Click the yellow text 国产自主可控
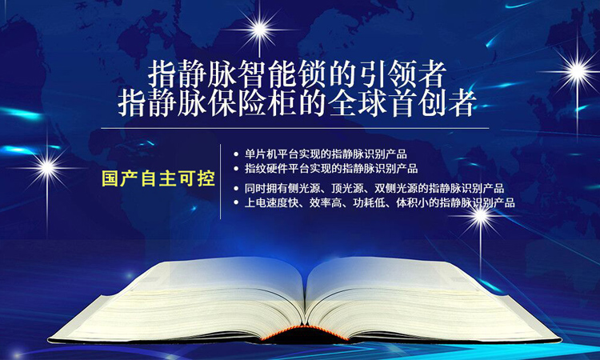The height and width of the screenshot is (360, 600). click(x=158, y=178)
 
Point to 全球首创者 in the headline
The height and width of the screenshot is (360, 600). click(x=402, y=104)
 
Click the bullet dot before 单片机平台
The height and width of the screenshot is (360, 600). click(x=236, y=154)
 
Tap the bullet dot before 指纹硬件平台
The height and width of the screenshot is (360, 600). click(x=236, y=169)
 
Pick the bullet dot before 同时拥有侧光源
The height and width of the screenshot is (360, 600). click(x=236, y=189)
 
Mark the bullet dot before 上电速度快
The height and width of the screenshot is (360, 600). click(x=236, y=202)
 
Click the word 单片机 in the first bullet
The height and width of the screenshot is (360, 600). click(x=261, y=154)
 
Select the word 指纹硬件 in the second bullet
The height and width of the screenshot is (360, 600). click(x=266, y=169)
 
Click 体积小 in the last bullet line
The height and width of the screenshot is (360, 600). click(x=412, y=202)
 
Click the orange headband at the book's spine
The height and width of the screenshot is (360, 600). click(x=305, y=331)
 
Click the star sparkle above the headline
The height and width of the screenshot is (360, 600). click(x=259, y=29)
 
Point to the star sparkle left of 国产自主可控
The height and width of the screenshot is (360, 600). click(x=47, y=167)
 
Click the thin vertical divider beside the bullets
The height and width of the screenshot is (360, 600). click(x=221, y=182)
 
